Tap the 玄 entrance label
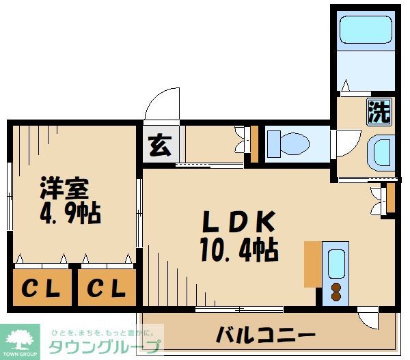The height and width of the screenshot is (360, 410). click(159, 146)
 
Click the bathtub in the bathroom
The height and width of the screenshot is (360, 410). click(364, 31)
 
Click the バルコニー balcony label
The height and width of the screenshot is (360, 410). click(266, 335)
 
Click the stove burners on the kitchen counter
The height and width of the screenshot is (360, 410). click(336, 290)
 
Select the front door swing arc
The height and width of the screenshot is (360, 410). click(161, 106)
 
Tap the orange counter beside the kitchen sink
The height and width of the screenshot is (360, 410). click(312, 263)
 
